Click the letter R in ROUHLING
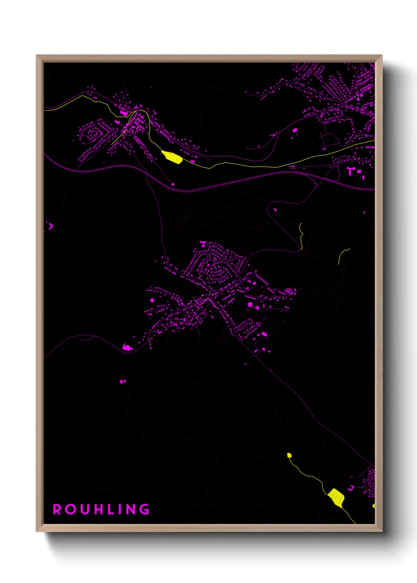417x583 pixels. (x=57, y=509)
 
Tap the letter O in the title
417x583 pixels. (x=71, y=509)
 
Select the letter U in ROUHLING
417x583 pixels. (x=84, y=509)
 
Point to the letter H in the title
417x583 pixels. (x=98, y=509)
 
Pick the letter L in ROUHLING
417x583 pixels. (x=110, y=509)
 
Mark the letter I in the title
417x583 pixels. (x=120, y=509)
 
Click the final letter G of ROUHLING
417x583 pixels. (x=145, y=509)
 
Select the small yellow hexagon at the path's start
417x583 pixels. (x=289, y=455)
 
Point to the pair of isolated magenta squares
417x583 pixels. (x=123, y=381)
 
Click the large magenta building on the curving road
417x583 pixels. (x=127, y=347)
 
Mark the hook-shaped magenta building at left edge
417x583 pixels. (x=50, y=226)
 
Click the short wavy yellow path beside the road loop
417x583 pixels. (x=301, y=236)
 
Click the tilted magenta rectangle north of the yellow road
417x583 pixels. (x=294, y=130)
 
